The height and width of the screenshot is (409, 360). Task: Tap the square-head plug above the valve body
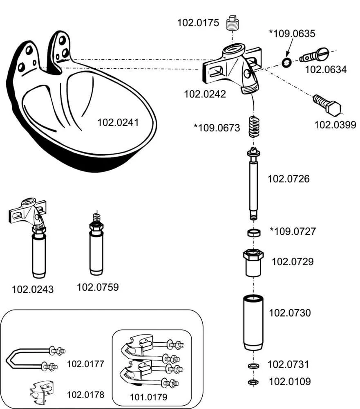pos(233,24)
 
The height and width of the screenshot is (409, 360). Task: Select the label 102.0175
pos(198,22)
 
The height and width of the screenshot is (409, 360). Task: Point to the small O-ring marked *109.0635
pos(286,62)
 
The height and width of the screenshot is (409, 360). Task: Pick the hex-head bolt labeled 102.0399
pos(327,105)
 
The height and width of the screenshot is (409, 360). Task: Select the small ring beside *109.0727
pos(254,233)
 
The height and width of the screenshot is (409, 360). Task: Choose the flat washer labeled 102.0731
pos(253,365)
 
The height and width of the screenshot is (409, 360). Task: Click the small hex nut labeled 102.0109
pos(253,382)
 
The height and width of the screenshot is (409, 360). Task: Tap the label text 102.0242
pos(205,94)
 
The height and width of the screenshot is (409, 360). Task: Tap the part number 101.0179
pos(149,396)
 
